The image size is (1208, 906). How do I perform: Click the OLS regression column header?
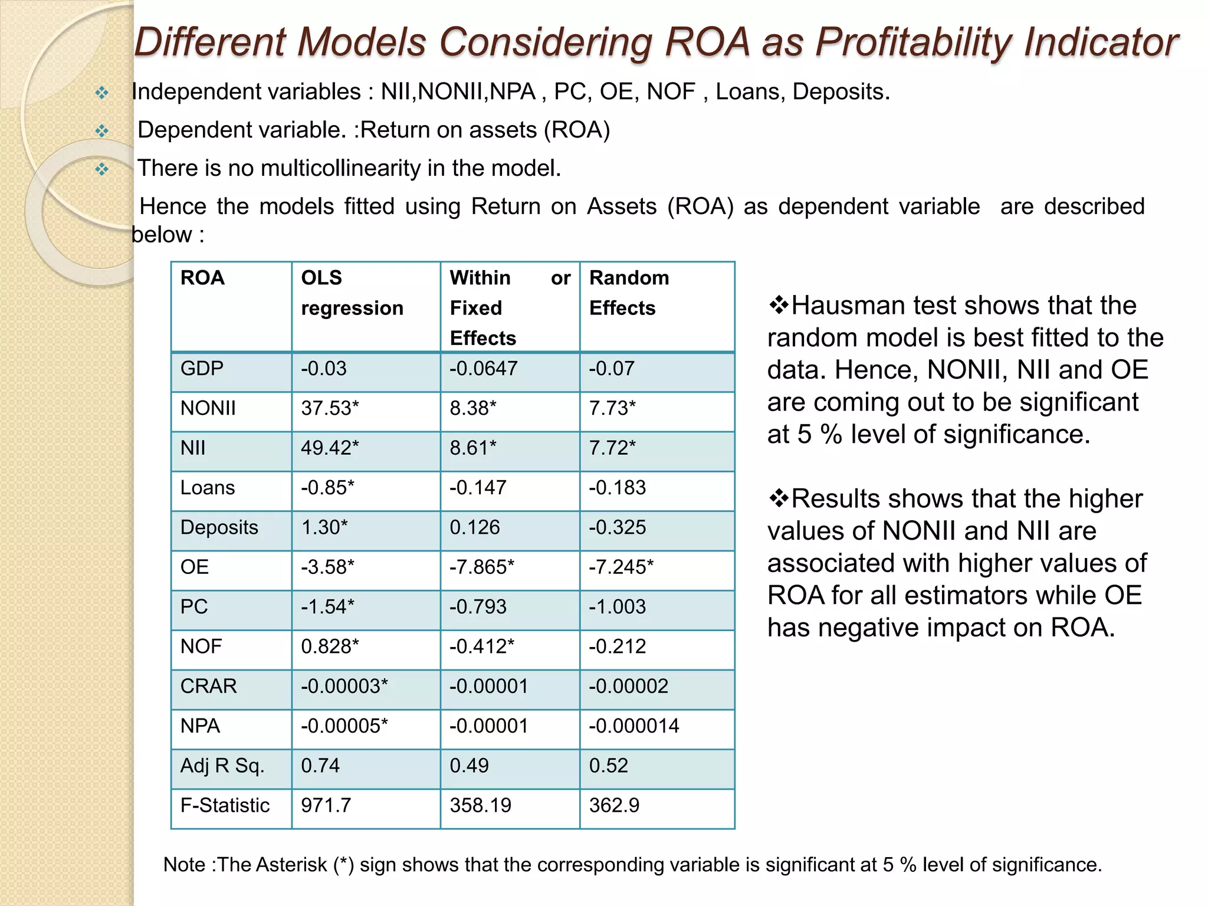[x=352, y=293]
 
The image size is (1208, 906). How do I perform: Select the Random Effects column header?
[x=629, y=293]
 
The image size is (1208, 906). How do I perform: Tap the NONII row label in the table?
[x=208, y=408]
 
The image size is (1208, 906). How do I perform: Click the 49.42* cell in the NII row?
[x=329, y=448]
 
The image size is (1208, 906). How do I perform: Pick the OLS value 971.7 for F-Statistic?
[x=326, y=805]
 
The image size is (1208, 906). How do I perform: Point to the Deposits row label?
[x=219, y=527]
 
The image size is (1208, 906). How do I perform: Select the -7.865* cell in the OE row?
[x=481, y=567]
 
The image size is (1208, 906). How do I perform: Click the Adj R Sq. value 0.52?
[x=608, y=766]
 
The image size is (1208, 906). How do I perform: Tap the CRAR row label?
[x=208, y=686]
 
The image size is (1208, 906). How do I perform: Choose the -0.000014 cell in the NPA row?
[x=633, y=726]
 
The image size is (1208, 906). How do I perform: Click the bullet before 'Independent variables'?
[x=102, y=93]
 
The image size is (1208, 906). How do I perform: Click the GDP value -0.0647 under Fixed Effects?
[x=483, y=369]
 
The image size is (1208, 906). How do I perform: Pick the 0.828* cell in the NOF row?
[x=329, y=646]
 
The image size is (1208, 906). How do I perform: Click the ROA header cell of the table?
[x=202, y=278]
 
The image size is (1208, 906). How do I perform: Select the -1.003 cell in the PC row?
[x=617, y=607]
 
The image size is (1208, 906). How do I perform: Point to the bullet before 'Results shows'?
[x=778, y=499]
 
